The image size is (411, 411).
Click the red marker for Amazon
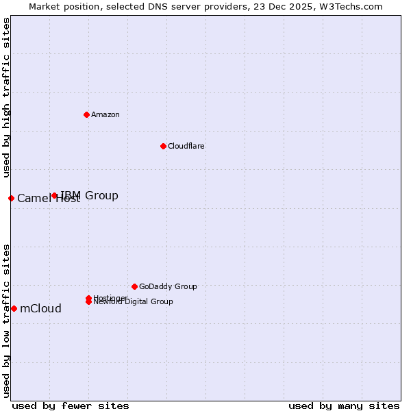pyautogui.click(x=86, y=114)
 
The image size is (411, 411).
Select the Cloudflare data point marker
pyautogui.click(x=163, y=146)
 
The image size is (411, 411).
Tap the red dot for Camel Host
pyautogui.click(x=11, y=198)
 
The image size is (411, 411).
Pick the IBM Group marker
pyautogui.click(x=54, y=195)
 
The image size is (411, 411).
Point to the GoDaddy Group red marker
pyautogui.click(x=134, y=286)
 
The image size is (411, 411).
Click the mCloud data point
pyautogui.click(x=14, y=308)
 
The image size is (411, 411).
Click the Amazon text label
pyautogui.click(x=105, y=114)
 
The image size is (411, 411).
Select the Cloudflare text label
pyautogui.click(x=186, y=146)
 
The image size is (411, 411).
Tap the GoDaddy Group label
pyautogui.click(x=168, y=286)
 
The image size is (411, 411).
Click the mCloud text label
pyautogui.click(x=40, y=308)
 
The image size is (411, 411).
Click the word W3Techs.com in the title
pyautogui.click(x=352, y=6)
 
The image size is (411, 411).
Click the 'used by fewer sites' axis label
pyautogui.click(x=71, y=406)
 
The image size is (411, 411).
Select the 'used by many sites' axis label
pyautogui.click(x=344, y=406)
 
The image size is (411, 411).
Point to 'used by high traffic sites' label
pyautogui.click(x=6, y=97)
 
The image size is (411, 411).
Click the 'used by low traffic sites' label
pyautogui.click(x=6, y=320)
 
